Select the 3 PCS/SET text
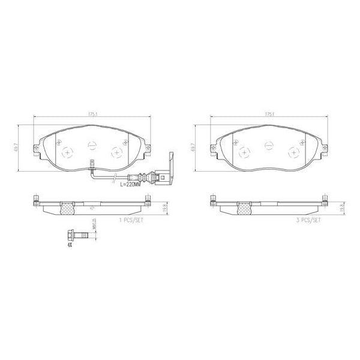pos(309,220)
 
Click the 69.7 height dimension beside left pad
pos(22,146)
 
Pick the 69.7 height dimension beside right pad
pos(193,146)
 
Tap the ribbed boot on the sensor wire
pos(143,177)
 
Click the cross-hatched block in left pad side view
pos(68,208)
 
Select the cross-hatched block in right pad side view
pos(245,208)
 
